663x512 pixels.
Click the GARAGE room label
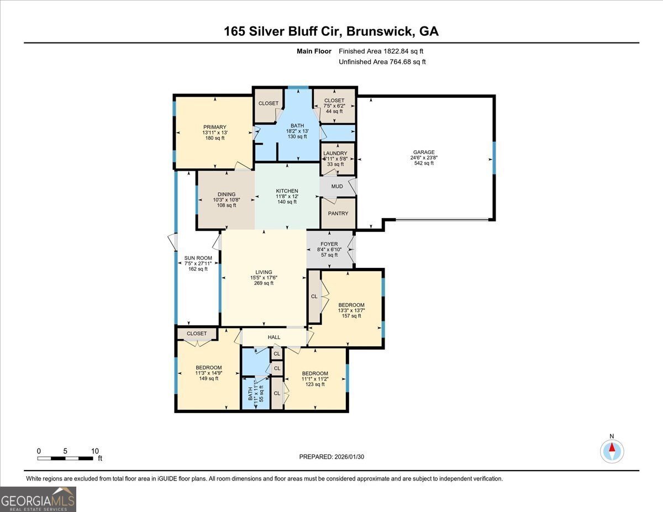pos(424,152)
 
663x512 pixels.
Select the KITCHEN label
pos(287,191)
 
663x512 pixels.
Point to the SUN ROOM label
pos(198,258)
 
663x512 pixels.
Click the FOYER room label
pos(329,244)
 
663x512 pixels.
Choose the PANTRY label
pos(338,213)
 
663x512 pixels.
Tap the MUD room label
pos(337,187)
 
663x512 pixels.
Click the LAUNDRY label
pos(335,154)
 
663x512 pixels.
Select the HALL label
pos(274,337)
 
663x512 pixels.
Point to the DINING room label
pos(226,194)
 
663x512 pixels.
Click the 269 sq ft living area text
pos(264,283)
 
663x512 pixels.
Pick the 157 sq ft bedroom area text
pos(351,316)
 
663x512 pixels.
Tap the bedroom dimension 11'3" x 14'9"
pos(208,373)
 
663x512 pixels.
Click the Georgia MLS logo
pos(38,499)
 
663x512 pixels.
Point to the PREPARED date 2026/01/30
pos(332,457)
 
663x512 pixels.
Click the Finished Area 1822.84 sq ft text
pos(382,51)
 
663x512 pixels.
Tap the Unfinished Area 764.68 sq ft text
pos(382,62)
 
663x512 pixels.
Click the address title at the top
pos(331,31)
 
